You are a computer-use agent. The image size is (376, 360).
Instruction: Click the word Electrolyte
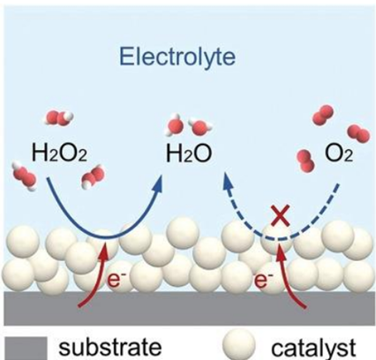pyautogui.click(x=177, y=56)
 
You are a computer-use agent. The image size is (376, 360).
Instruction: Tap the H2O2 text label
pyautogui.click(x=59, y=154)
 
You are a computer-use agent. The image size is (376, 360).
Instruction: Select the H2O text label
pyautogui.click(x=189, y=154)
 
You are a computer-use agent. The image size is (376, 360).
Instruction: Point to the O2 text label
pyautogui.click(x=339, y=154)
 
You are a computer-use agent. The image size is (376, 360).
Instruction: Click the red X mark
pyautogui.click(x=280, y=216)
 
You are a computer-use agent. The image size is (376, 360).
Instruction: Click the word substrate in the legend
pyautogui.click(x=110, y=347)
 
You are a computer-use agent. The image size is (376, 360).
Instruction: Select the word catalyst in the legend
pyautogui.click(x=313, y=348)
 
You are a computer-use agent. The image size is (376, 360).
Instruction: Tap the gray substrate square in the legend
pyautogui.click(x=26, y=349)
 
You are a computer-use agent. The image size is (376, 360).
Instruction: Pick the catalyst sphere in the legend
pyautogui.click(x=238, y=345)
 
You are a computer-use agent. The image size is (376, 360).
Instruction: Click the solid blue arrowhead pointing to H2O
pyautogui.click(x=158, y=183)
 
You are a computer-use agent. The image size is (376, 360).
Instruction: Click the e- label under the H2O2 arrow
pyautogui.click(x=113, y=280)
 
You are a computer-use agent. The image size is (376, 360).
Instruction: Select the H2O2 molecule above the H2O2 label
pyautogui.click(x=59, y=117)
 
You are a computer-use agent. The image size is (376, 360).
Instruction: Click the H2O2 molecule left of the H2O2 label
pyautogui.click(x=25, y=176)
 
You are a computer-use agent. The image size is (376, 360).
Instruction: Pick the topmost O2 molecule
pyautogui.click(x=323, y=115)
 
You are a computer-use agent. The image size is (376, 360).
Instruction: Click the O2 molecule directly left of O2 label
pyautogui.click(x=306, y=161)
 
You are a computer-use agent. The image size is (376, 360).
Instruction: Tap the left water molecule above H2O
pyautogui.click(x=175, y=125)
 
